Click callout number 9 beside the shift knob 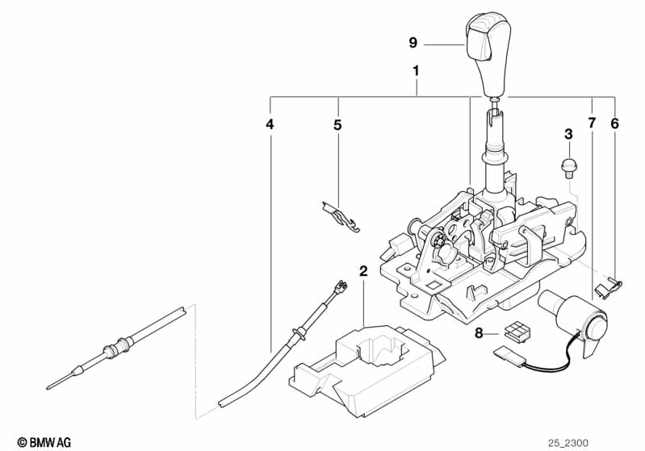(413, 43)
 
